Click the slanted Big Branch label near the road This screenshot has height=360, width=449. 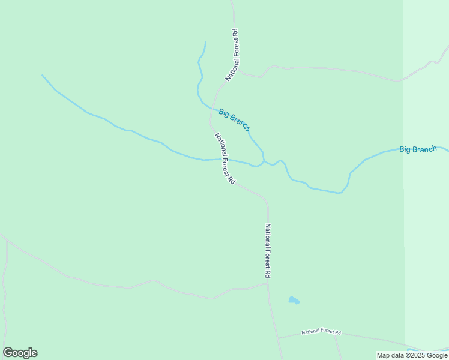point(234,119)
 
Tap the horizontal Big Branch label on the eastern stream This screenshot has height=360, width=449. point(418,149)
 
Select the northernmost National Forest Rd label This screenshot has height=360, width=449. point(234,55)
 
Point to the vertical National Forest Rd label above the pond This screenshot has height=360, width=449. point(268,250)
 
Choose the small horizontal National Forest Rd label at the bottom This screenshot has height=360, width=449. point(321,332)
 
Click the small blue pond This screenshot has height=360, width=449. point(294,300)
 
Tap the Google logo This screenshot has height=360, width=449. point(20,353)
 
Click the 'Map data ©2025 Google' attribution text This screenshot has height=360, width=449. point(412,355)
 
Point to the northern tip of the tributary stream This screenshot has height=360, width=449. point(206,42)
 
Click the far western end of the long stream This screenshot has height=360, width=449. point(43,76)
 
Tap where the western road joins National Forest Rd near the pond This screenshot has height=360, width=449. point(267,284)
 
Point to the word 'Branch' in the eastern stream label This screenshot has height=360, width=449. point(426,149)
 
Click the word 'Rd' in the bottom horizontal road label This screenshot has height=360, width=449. point(338,332)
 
